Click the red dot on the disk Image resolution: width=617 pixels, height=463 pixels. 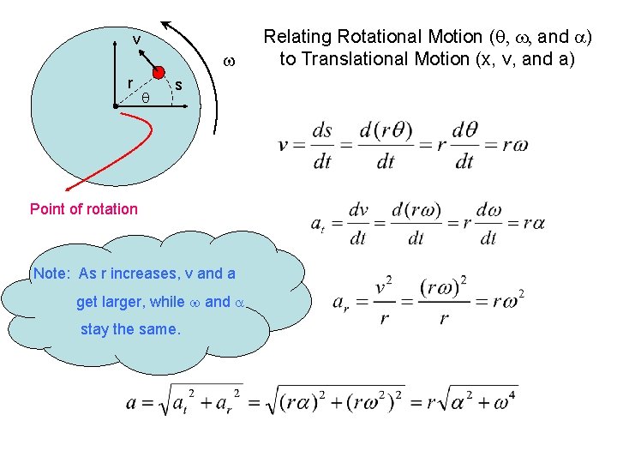click(x=159, y=72)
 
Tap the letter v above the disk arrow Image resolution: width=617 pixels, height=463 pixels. click(x=136, y=39)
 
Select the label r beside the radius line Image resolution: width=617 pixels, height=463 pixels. click(x=129, y=84)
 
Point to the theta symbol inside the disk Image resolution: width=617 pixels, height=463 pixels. click(x=146, y=99)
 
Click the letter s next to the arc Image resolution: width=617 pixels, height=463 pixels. click(x=178, y=85)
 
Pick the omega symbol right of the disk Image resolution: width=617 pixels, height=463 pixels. click(x=229, y=63)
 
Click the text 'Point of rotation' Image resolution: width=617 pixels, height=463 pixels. click(x=83, y=208)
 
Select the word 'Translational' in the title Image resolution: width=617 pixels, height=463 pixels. click(x=350, y=59)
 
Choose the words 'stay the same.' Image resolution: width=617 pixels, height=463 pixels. click(x=130, y=329)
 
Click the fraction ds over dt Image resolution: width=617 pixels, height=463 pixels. click(x=322, y=146)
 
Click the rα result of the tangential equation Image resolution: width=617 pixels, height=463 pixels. click(x=530, y=224)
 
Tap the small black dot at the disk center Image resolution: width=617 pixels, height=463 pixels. click(x=115, y=106)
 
